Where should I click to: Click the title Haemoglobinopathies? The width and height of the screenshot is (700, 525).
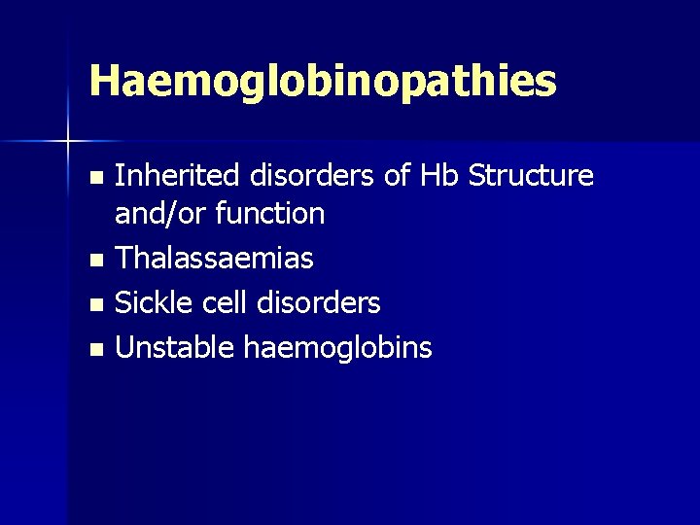pyautogui.click(x=322, y=82)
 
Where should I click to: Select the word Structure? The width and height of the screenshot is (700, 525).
pyautogui.click(x=530, y=175)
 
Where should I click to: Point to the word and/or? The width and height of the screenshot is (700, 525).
pyautogui.click(x=157, y=213)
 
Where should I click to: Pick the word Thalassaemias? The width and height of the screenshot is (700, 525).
pyautogui.click(x=214, y=258)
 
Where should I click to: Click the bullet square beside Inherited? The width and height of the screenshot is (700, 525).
pyautogui.click(x=94, y=178)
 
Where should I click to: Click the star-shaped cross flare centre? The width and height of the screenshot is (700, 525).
pyautogui.click(x=67, y=142)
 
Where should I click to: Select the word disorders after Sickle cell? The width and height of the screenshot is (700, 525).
pyautogui.click(x=319, y=302)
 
